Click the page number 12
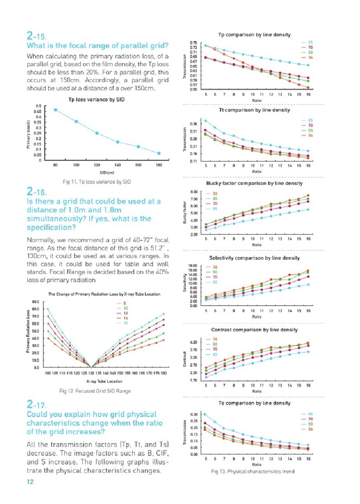pos(30,481)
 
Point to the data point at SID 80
pos(56,110)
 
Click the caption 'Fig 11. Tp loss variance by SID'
pos(97,182)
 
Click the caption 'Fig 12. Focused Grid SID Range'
pos(95,391)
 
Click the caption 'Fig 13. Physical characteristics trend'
pos(252,471)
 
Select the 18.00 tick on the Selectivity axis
pos(193,266)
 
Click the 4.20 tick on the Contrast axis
pos(193,342)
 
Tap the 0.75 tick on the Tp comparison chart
pos(193,43)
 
